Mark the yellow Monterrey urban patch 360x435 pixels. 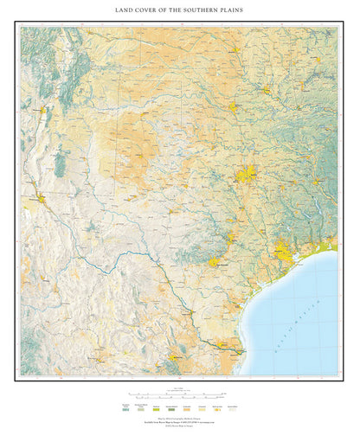[x=174, y=355]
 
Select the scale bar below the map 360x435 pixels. [x=180, y=391]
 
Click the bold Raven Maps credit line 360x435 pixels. [x=180, y=419]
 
